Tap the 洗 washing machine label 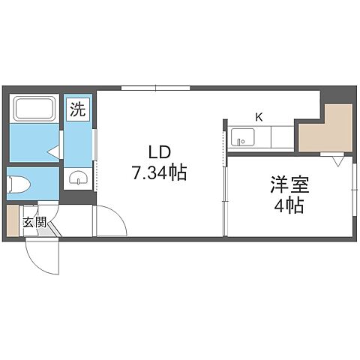coord(77,109)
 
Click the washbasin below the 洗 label coord(76,178)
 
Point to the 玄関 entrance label coord(34,222)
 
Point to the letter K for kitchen coord(258,117)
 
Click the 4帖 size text coord(289,205)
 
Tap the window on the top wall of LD coord(154,88)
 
